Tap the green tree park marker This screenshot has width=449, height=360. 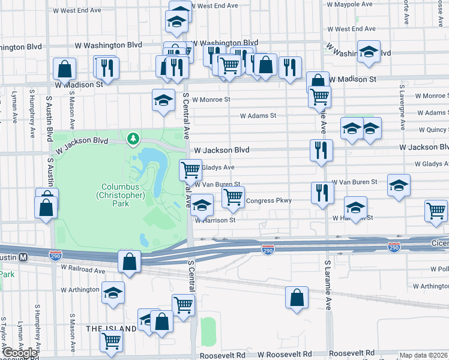pos(133,139)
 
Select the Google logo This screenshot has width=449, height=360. pos(20,353)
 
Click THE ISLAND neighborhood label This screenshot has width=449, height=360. pos(111,329)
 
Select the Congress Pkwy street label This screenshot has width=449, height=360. pos(268,201)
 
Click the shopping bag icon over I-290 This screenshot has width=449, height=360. pos(129,261)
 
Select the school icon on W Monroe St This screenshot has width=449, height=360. pos(163,100)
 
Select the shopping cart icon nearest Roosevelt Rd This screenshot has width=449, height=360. pos(111,341)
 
